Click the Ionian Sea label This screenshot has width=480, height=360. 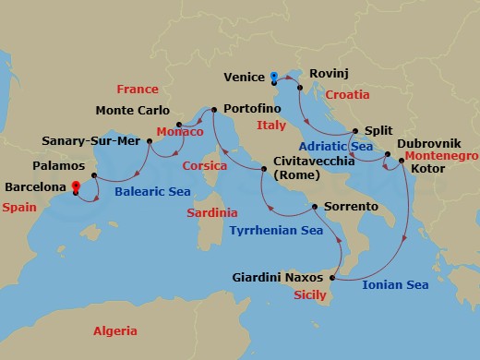tap(394, 286)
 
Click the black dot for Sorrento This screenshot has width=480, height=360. tap(316, 207)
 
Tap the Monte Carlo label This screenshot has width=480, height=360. tap(132, 111)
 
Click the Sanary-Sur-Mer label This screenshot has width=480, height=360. tap(90, 141)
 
